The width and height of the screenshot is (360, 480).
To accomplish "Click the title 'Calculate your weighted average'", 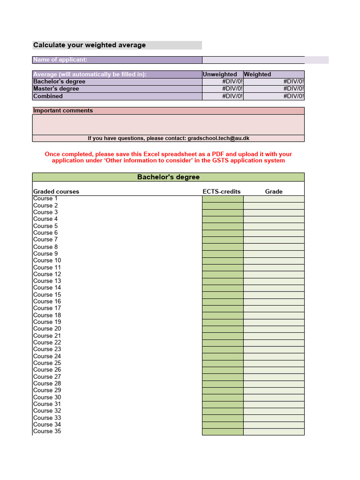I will (x=90, y=45).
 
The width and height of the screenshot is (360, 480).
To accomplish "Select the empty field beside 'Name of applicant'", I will (x=253, y=60).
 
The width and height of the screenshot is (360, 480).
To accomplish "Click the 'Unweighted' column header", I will (x=220, y=74).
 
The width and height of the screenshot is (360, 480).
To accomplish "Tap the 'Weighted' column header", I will (x=257, y=74).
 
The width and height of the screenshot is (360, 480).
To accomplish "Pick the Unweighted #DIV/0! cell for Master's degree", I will (x=223, y=89).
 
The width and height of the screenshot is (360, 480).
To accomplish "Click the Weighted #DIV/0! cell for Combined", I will (x=274, y=96).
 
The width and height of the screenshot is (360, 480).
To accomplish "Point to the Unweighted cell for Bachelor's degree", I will (x=223, y=82).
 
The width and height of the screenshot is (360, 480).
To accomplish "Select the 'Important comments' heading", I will (x=63, y=111).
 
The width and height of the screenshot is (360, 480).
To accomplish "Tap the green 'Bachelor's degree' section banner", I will (x=168, y=177).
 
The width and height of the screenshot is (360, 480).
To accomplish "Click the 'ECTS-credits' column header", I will (x=222, y=191).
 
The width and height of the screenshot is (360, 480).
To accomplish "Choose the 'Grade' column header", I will (x=274, y=191).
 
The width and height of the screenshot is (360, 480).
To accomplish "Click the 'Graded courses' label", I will (x=56, y=191).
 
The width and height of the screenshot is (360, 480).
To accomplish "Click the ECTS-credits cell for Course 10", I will (x=223, y=260).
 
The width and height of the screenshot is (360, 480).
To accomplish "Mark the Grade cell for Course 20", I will (x=274, y=329).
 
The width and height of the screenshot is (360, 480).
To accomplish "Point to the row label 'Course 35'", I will (x=47, y=431).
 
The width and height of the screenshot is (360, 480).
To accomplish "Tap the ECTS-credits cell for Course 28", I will (x=223, y=383).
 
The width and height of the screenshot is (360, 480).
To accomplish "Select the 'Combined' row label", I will (x=48, y=96).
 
